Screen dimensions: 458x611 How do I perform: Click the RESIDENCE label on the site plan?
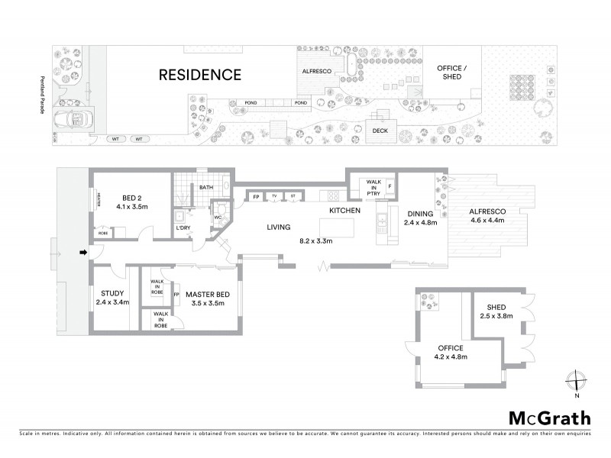(x=200, y=75)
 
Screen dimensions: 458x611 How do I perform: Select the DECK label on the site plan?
(x=380, y=131)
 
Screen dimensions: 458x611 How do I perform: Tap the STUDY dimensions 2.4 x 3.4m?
(x=113, y=302)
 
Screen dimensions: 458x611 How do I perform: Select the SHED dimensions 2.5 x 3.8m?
(x=496, y=315)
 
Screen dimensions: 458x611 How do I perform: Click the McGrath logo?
(x=548, y=418)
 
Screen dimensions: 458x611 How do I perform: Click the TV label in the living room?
(x=274, y=197)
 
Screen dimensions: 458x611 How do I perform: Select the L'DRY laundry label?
(x=183, y=228)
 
